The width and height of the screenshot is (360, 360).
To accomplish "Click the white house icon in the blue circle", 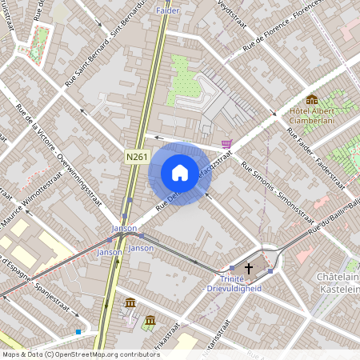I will coord(179,173).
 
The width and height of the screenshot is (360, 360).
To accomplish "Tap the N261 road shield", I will coord(137,157).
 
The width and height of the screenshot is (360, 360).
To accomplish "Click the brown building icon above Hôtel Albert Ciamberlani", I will coord(311,99).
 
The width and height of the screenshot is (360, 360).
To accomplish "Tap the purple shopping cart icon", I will coord(227,144).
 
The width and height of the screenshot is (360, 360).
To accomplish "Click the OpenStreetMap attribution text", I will coord(80,354).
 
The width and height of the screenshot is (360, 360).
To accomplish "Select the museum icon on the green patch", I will coord(150,322).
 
